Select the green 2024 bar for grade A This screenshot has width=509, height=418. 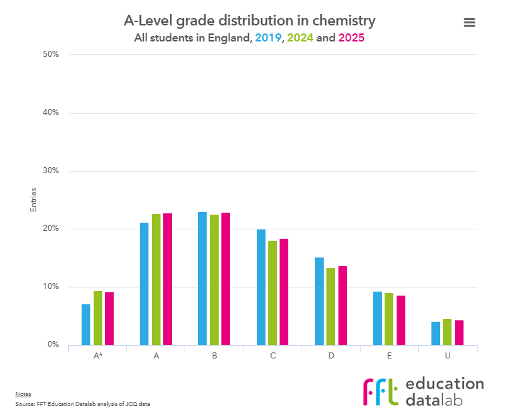(156, 280)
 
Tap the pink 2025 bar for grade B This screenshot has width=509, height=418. (226, 279)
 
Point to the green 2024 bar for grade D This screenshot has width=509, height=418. (331, 306)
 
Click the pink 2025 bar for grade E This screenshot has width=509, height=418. (401, 320)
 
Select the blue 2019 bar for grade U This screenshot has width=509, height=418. (436, 333)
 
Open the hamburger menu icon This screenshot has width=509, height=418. (469, 22)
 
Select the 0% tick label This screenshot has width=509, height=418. (54, 345)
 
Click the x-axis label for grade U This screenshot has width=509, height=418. (447, 356)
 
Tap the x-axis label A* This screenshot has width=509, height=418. (98, 356)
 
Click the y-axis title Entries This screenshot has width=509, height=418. (33, 200)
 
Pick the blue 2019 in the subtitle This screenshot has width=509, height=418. (268, 38)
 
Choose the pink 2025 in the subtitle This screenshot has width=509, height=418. (351, 38)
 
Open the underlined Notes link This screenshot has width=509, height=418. (23, 394)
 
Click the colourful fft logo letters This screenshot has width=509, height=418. (381, 392)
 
